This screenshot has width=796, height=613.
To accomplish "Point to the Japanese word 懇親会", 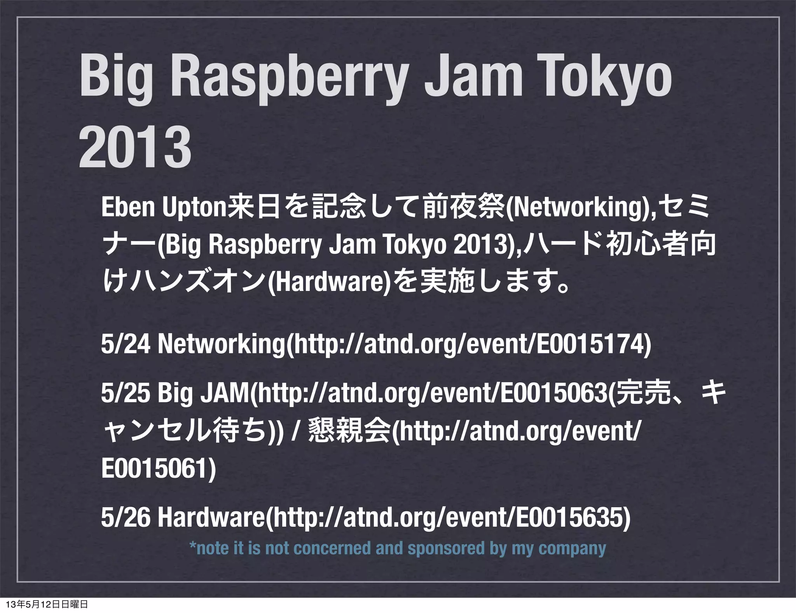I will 348,432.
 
